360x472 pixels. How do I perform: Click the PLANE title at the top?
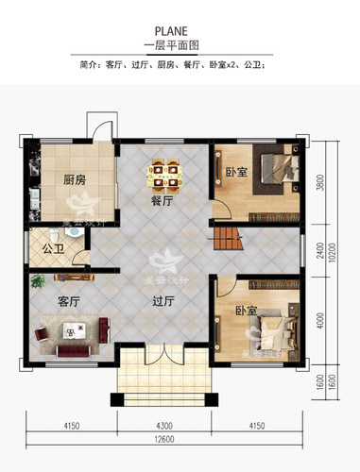[180, 29]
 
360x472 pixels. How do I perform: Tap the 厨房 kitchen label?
[77, 179]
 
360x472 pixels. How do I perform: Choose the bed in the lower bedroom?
[271, 330]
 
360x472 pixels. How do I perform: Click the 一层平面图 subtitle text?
[180, 45]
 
